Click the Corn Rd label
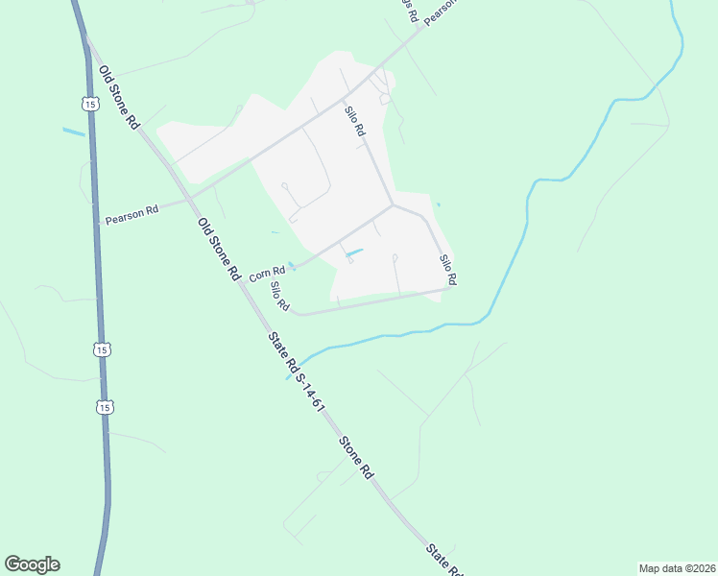[x=267, y=275]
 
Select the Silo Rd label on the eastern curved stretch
[x=447, y=270]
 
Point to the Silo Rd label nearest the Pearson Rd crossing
[x=355, y=121]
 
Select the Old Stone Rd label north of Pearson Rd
[x=120, y=99]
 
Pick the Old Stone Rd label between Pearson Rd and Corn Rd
[x=218, y=248]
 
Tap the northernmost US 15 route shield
[x=88, y=103]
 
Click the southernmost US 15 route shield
[x=105, y=407]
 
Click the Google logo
[x=32, y=564]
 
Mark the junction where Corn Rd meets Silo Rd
[x=393, y=204]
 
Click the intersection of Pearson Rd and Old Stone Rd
[x=190, y=198]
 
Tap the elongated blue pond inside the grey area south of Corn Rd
[x=353, y=253]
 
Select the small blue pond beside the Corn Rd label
[x=291, y=266]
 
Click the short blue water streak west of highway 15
[x=74, y=132]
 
